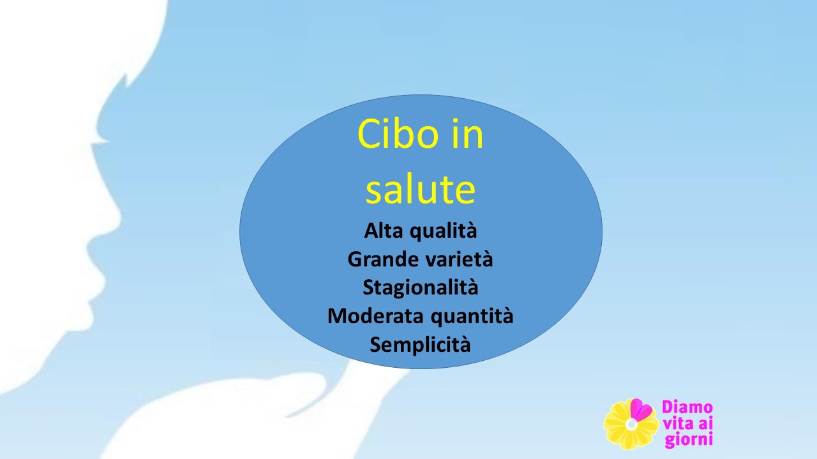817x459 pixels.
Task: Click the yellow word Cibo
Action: (398, 134)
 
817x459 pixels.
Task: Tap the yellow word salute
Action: (421, 189)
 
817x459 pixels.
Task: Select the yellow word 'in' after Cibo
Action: (468, 134)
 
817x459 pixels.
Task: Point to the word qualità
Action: (444, 231)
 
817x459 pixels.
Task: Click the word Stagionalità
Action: (420, 288)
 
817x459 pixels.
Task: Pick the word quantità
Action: (472, 316)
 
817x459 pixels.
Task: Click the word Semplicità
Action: (420, 345)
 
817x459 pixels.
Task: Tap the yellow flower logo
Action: (631, 424)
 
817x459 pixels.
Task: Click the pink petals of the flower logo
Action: (640, 409)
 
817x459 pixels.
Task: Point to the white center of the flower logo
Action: (631, 425)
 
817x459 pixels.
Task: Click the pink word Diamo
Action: (687, 407)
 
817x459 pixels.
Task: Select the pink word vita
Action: (678, 424)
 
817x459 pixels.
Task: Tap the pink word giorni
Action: (689, 440)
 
